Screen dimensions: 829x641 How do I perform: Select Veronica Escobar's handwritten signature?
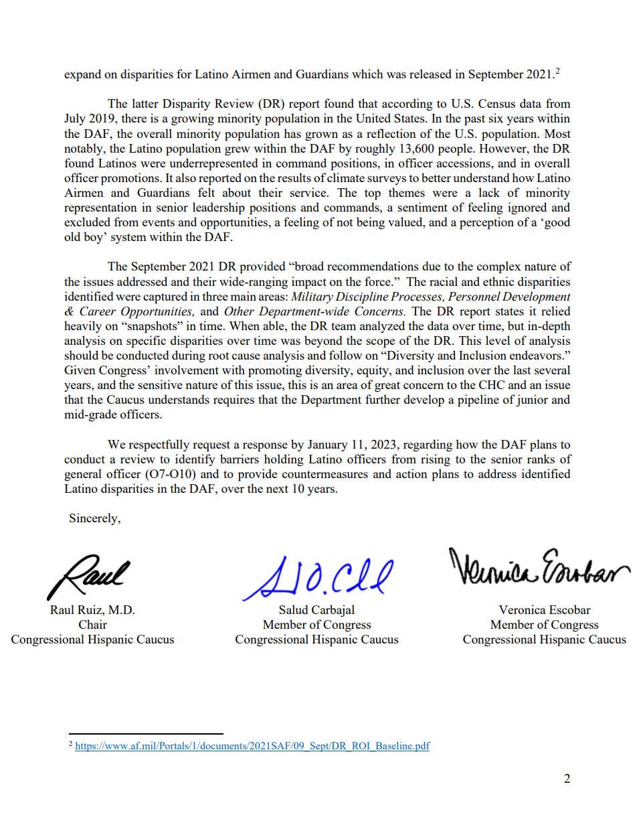(x=538, y=569)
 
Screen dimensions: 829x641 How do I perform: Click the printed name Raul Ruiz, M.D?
(x=92, y=610)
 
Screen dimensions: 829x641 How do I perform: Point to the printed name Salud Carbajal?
(x=316, y=610)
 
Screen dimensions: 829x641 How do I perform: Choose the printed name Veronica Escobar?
(x=544, y=610)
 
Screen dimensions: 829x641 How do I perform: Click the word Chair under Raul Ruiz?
(x=92, y=625)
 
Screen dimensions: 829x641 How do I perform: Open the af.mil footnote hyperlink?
(x=252, y=746)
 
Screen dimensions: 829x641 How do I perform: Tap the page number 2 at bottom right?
(x=567, y=778)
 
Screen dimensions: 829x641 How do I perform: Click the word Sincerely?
(x=94, y=518)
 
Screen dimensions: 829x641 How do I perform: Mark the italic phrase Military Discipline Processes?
(x=367, y=297)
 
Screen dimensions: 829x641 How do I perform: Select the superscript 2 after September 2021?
(x=557, y=71)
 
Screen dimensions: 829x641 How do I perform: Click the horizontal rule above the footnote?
(x=146, y=734)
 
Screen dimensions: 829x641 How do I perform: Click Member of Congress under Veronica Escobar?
(x=544, y=625)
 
